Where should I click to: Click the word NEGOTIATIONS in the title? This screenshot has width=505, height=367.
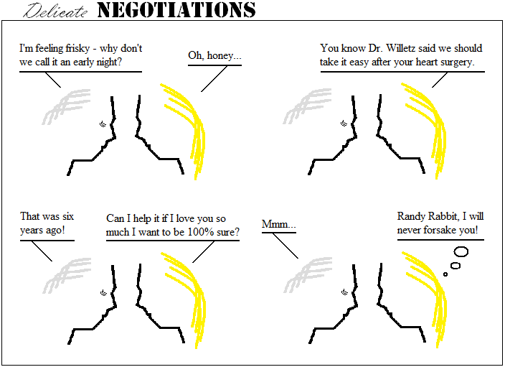[176, 10]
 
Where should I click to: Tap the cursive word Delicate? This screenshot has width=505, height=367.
[55, 11]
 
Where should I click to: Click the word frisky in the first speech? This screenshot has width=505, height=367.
[77, 48]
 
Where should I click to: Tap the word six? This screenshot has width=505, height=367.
[68, 216]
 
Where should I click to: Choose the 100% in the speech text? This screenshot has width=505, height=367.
[201, 232]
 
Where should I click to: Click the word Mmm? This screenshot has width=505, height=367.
[275, 224]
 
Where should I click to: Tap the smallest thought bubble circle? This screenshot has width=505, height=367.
[445, 274]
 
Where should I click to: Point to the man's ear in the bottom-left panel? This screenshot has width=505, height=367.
[103, 293]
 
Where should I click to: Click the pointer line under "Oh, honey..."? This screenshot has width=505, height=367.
[214, 79]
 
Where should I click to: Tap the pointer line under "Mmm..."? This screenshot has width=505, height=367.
[285, 246]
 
